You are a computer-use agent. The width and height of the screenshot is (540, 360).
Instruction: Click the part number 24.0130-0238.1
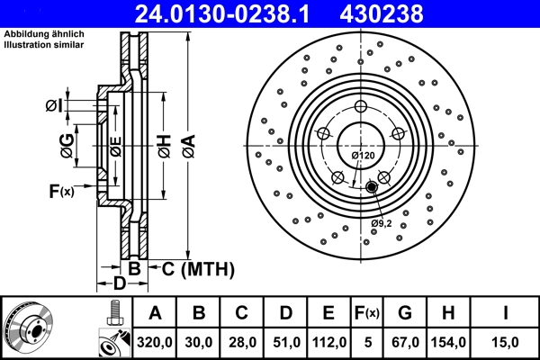click(x=225, y=13)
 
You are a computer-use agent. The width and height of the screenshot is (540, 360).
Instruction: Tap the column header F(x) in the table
click(x=367, y=313)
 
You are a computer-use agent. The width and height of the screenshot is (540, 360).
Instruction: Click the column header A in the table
click(x=155, y=313)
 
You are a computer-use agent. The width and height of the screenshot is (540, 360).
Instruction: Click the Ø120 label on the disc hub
click(x=363, y=156)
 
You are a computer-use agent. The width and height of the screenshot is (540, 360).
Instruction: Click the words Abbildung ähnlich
click(x=43, y=34)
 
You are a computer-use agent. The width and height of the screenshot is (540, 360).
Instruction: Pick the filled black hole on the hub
click(x=372, y=186)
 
